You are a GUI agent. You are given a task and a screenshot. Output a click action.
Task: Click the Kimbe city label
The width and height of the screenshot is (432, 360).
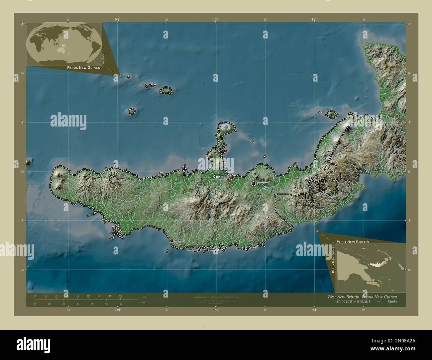coord(219,177)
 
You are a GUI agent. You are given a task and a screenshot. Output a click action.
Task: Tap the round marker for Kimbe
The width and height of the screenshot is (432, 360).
coord(231,177)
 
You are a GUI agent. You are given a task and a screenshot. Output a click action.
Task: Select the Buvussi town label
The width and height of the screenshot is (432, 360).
coord(263,184)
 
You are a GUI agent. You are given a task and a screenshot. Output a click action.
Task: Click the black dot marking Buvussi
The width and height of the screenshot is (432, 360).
coord(253,184)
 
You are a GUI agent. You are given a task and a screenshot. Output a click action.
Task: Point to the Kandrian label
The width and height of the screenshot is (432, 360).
coord(179,240)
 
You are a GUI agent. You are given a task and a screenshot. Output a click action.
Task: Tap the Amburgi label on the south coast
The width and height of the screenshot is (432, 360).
coord(192,250)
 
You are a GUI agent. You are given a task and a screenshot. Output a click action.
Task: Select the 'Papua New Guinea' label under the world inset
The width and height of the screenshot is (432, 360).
coord(83,67)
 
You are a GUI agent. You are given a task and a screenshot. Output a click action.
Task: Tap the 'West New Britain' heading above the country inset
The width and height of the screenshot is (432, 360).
coord(353,242)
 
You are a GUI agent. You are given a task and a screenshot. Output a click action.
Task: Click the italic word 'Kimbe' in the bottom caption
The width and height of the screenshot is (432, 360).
coord(392,302)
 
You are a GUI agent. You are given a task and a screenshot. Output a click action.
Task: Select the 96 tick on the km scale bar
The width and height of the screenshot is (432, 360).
coord(120,296)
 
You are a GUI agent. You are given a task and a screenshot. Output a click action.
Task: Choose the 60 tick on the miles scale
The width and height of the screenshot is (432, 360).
coord(121,304)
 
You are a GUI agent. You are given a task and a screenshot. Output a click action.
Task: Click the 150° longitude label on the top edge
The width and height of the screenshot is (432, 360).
coord(216,20)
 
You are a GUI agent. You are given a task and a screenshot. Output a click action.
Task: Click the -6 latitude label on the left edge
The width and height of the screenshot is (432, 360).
coord(22,221)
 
